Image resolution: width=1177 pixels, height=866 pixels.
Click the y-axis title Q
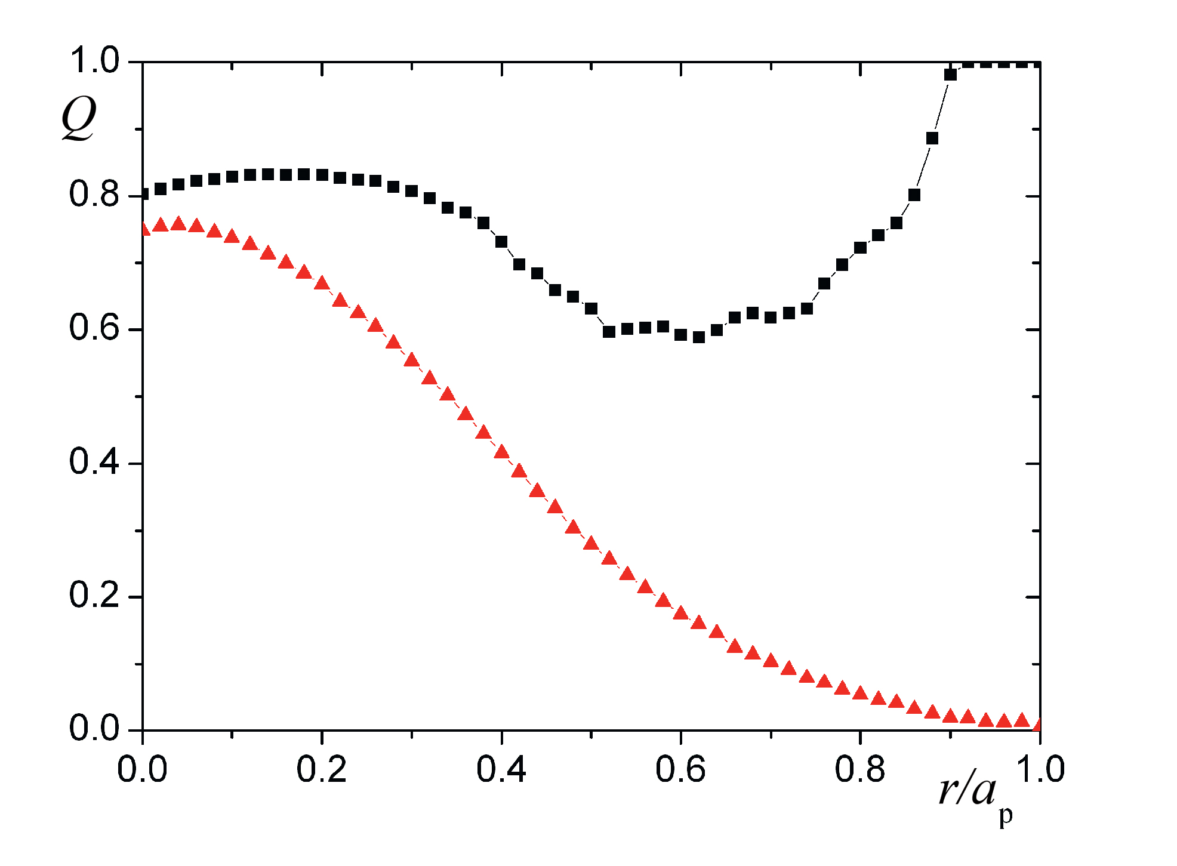pyautogui.click(x=79, y=118)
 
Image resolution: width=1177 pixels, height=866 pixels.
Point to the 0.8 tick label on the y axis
pyautogui.click(x=94, y=195)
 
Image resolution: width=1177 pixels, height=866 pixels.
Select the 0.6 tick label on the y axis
pyautogui.click(x=94, y=328)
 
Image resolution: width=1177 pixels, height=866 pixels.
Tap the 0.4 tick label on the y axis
pyautogui.click(x=94, y=462)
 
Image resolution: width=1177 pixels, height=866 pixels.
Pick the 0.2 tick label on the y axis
pyautogui.click(x=94, y=596)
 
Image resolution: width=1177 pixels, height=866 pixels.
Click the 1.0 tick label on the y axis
pyautogui.click(x=94, y=61)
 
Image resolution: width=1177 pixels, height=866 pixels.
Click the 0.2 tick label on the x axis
pyautogui.click(x=322, y=769)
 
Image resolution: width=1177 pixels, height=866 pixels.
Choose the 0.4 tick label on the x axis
pyautogui.click(x=501, y=769)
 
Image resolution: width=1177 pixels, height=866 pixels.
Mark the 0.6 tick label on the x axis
pyautogui.click(x=680, y=769)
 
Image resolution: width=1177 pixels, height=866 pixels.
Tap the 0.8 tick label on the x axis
pyautogui.click(x=860, y=769)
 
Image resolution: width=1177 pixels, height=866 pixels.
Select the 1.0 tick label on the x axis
pyautogui.click(x=1039, y=769)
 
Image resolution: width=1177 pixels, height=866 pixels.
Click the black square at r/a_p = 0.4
pyautogui.click(x=501, y=242)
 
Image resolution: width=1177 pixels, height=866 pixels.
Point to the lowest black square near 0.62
pyautogui.click(x=699, y=337)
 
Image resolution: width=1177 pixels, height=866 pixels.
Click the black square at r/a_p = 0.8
pyautogui.click(x=860, y=248)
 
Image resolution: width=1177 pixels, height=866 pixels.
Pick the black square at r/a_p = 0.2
pyautogui.click(x=322, y=175)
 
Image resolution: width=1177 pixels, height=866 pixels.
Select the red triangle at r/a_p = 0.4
pyautogui.click(x=501, y=452)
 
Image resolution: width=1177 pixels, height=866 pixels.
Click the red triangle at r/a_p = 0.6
pyautogui.click(x=680, y=613)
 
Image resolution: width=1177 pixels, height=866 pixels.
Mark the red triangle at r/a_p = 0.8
pyautogui.click(x=860, y=693)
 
